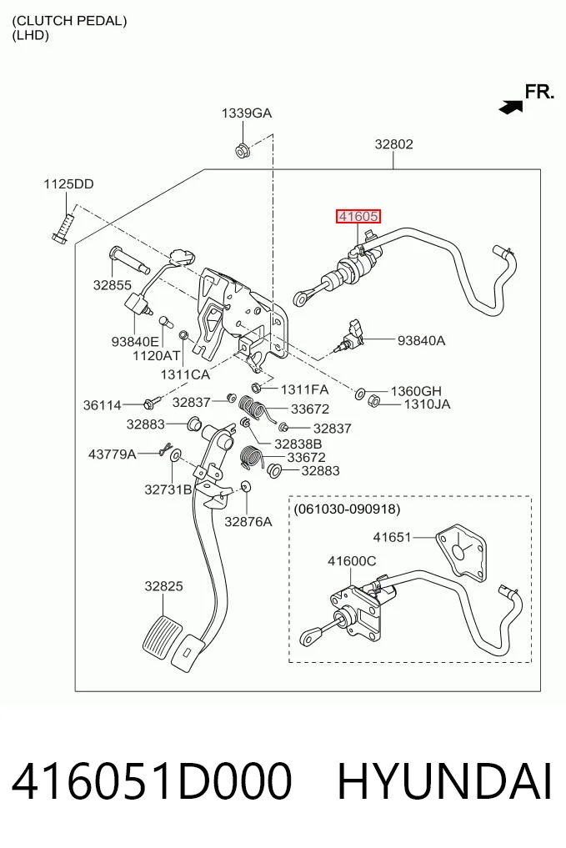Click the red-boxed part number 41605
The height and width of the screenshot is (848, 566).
click(358, 217)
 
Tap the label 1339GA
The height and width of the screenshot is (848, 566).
click(247, 113)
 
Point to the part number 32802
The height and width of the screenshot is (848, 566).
click(394, 144)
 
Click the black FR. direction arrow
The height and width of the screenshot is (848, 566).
click(511, 107)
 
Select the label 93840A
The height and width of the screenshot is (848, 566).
click(421, 340)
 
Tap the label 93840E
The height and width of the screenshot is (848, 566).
click(135, 341)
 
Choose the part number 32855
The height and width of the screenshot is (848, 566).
click(113, 284)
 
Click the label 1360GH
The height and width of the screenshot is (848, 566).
click(416, 390)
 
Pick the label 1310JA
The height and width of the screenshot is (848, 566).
click(427, 404)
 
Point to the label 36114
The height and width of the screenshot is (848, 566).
click(103, 404)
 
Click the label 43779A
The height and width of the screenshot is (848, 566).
click(113, 454)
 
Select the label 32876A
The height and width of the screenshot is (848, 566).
click(248, 521)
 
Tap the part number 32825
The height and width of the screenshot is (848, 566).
click(164, 585)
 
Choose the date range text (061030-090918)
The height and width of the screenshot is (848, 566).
click(347, 509)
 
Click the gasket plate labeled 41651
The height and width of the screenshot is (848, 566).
click(461, 552)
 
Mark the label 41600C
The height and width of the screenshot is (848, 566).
click(352, 561)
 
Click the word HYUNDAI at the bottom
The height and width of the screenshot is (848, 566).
click(444, 781)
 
